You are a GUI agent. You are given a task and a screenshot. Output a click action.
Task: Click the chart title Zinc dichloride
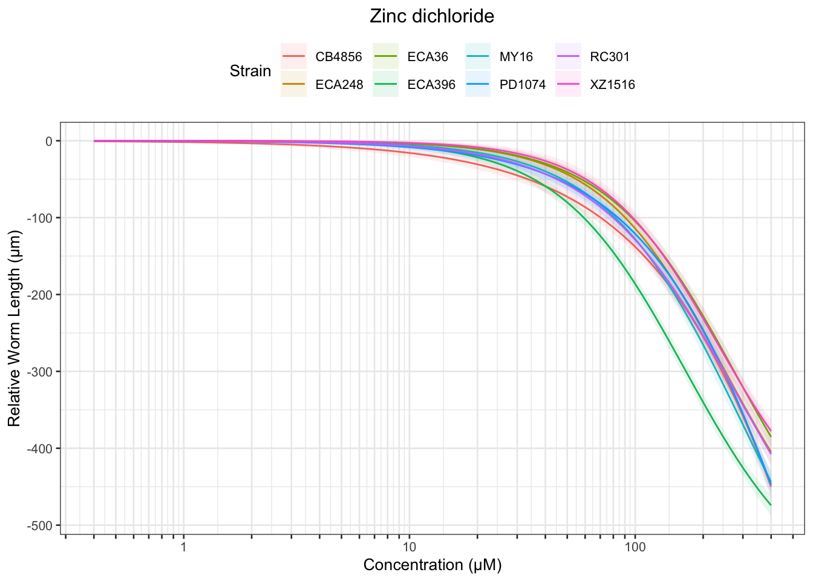pos(432,16)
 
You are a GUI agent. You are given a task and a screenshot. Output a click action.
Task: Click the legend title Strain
pos(250,71)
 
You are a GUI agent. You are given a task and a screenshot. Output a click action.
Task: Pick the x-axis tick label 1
pos(183,547)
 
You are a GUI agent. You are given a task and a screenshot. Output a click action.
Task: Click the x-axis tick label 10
pos(409,547)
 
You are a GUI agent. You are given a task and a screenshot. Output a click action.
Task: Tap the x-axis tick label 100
pos(635,547)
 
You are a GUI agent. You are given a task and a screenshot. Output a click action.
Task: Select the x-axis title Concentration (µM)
pos(433,565)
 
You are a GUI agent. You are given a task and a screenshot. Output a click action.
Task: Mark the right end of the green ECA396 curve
pos(771,505)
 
